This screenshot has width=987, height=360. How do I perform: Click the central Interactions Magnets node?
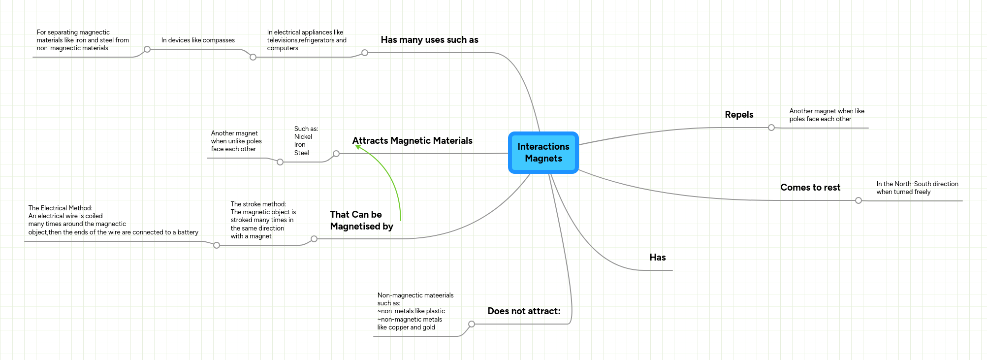(543, 153)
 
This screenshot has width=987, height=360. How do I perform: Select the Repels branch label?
(739, 115)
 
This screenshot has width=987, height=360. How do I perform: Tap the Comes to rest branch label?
(810, 188)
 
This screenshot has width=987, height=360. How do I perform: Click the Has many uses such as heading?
(429, 40)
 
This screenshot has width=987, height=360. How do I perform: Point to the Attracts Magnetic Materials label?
(412, 141)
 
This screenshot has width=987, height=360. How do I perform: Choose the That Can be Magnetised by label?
(361, 221)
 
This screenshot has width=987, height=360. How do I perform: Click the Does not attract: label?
(524, 311)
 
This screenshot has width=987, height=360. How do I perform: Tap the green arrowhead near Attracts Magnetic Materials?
(358, 146)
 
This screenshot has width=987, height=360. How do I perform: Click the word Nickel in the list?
(303, 137)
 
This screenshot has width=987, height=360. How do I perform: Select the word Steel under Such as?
(302, 153)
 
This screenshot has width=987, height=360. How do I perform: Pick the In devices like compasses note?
(198, 40)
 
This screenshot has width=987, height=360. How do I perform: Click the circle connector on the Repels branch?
(771, 128)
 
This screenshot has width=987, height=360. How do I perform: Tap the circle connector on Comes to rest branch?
(859, 200)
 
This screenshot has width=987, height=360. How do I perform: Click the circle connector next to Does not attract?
(472, 324)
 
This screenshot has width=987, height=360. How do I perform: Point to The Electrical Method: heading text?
(61, 208)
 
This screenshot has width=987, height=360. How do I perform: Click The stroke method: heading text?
(258, 204)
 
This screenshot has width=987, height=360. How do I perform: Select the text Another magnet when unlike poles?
(236, 141)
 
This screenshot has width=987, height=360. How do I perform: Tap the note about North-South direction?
(917, 188)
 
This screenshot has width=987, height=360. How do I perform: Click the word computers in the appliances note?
(283, 48)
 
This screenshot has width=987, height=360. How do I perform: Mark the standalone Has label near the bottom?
(657, 258)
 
